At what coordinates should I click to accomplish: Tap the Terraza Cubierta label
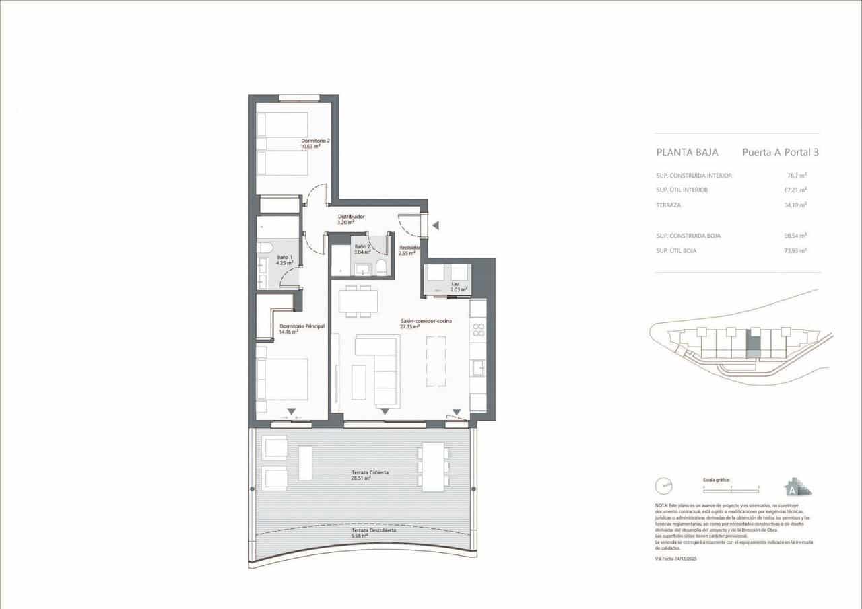tap(370, 472)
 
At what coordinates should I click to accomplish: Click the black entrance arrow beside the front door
tap(436, 225)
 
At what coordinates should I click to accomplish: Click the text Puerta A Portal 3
tap(780, 153)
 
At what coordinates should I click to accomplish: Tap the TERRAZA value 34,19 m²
tap(797, 205)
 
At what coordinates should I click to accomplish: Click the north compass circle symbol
tap(665, 484)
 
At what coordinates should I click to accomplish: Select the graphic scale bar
tap(730, 485)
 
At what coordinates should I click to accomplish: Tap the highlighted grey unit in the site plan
tap(755, 345)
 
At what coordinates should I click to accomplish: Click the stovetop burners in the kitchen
tap(478, 330)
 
